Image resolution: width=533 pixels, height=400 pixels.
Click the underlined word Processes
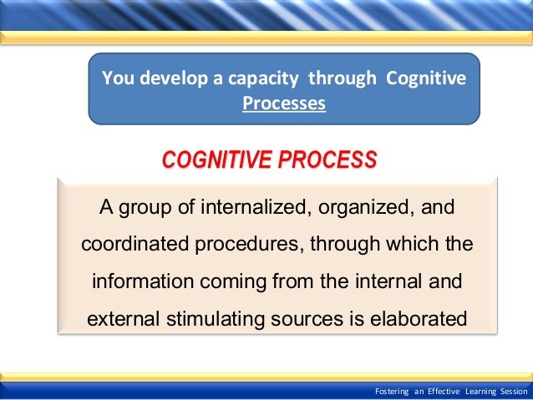[x=284, y=105]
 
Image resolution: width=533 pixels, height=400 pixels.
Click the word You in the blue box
[x=116, y=79]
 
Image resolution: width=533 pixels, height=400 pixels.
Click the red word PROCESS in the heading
[x=327, y=159]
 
